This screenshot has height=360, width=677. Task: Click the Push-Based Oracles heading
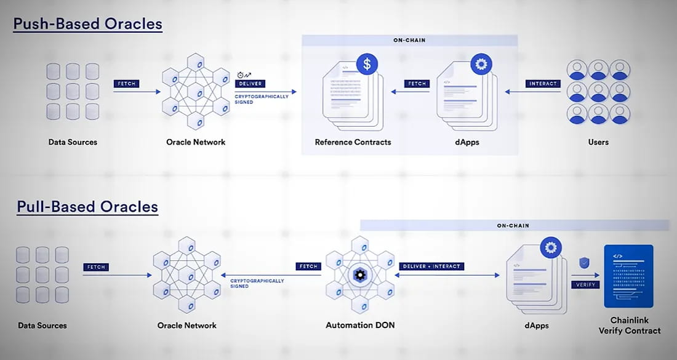[x=88, y=24]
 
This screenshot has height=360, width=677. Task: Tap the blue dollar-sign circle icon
[x=367, y=63]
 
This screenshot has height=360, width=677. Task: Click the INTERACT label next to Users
[x=543, y=83]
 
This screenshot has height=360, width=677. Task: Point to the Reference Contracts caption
[x=353, y=142]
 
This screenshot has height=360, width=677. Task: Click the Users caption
[x=598, y=142]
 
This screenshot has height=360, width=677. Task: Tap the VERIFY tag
[x=584, y=285]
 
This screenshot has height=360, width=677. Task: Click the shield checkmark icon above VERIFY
[x=584, y=263]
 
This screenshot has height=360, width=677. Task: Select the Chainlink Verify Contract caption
[x=630, y=326]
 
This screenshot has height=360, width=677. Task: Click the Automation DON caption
[x=360, y=325]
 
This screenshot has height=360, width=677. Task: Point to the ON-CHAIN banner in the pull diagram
[x=513, y=225]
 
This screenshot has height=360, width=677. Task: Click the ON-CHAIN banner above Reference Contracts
[x=409, y=41]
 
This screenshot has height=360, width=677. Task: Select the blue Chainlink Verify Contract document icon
[x=628, y=276]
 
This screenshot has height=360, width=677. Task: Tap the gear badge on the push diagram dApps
[x=479, y=63]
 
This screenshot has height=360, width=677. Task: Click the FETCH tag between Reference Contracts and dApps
[x=416, y=83]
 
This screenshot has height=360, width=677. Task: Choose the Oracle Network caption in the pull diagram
[x=187, y=325]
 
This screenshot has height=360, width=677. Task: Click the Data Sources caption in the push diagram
[x=73, y=142]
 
